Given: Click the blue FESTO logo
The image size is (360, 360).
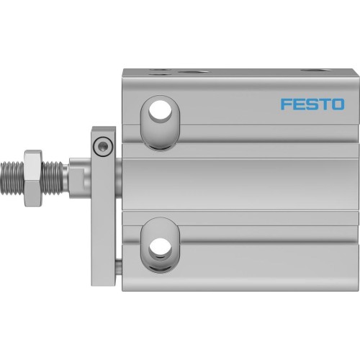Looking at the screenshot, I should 311,105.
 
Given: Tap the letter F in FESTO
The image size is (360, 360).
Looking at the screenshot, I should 284,105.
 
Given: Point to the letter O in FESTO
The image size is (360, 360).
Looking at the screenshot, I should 338,105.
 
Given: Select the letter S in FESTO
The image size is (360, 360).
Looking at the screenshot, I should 310,105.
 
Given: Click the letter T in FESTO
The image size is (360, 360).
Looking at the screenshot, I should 323,105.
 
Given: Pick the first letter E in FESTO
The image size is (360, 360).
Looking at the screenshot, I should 297,105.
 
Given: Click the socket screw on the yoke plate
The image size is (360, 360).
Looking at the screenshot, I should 103,146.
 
